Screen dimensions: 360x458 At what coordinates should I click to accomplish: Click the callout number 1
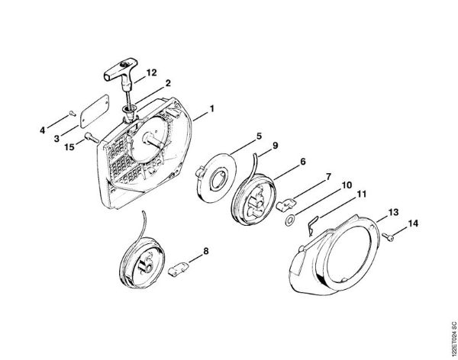pyautogui.click(x=211, y=108)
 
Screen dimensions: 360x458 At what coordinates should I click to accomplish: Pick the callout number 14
pyautogui.click(x=413, y=223)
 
